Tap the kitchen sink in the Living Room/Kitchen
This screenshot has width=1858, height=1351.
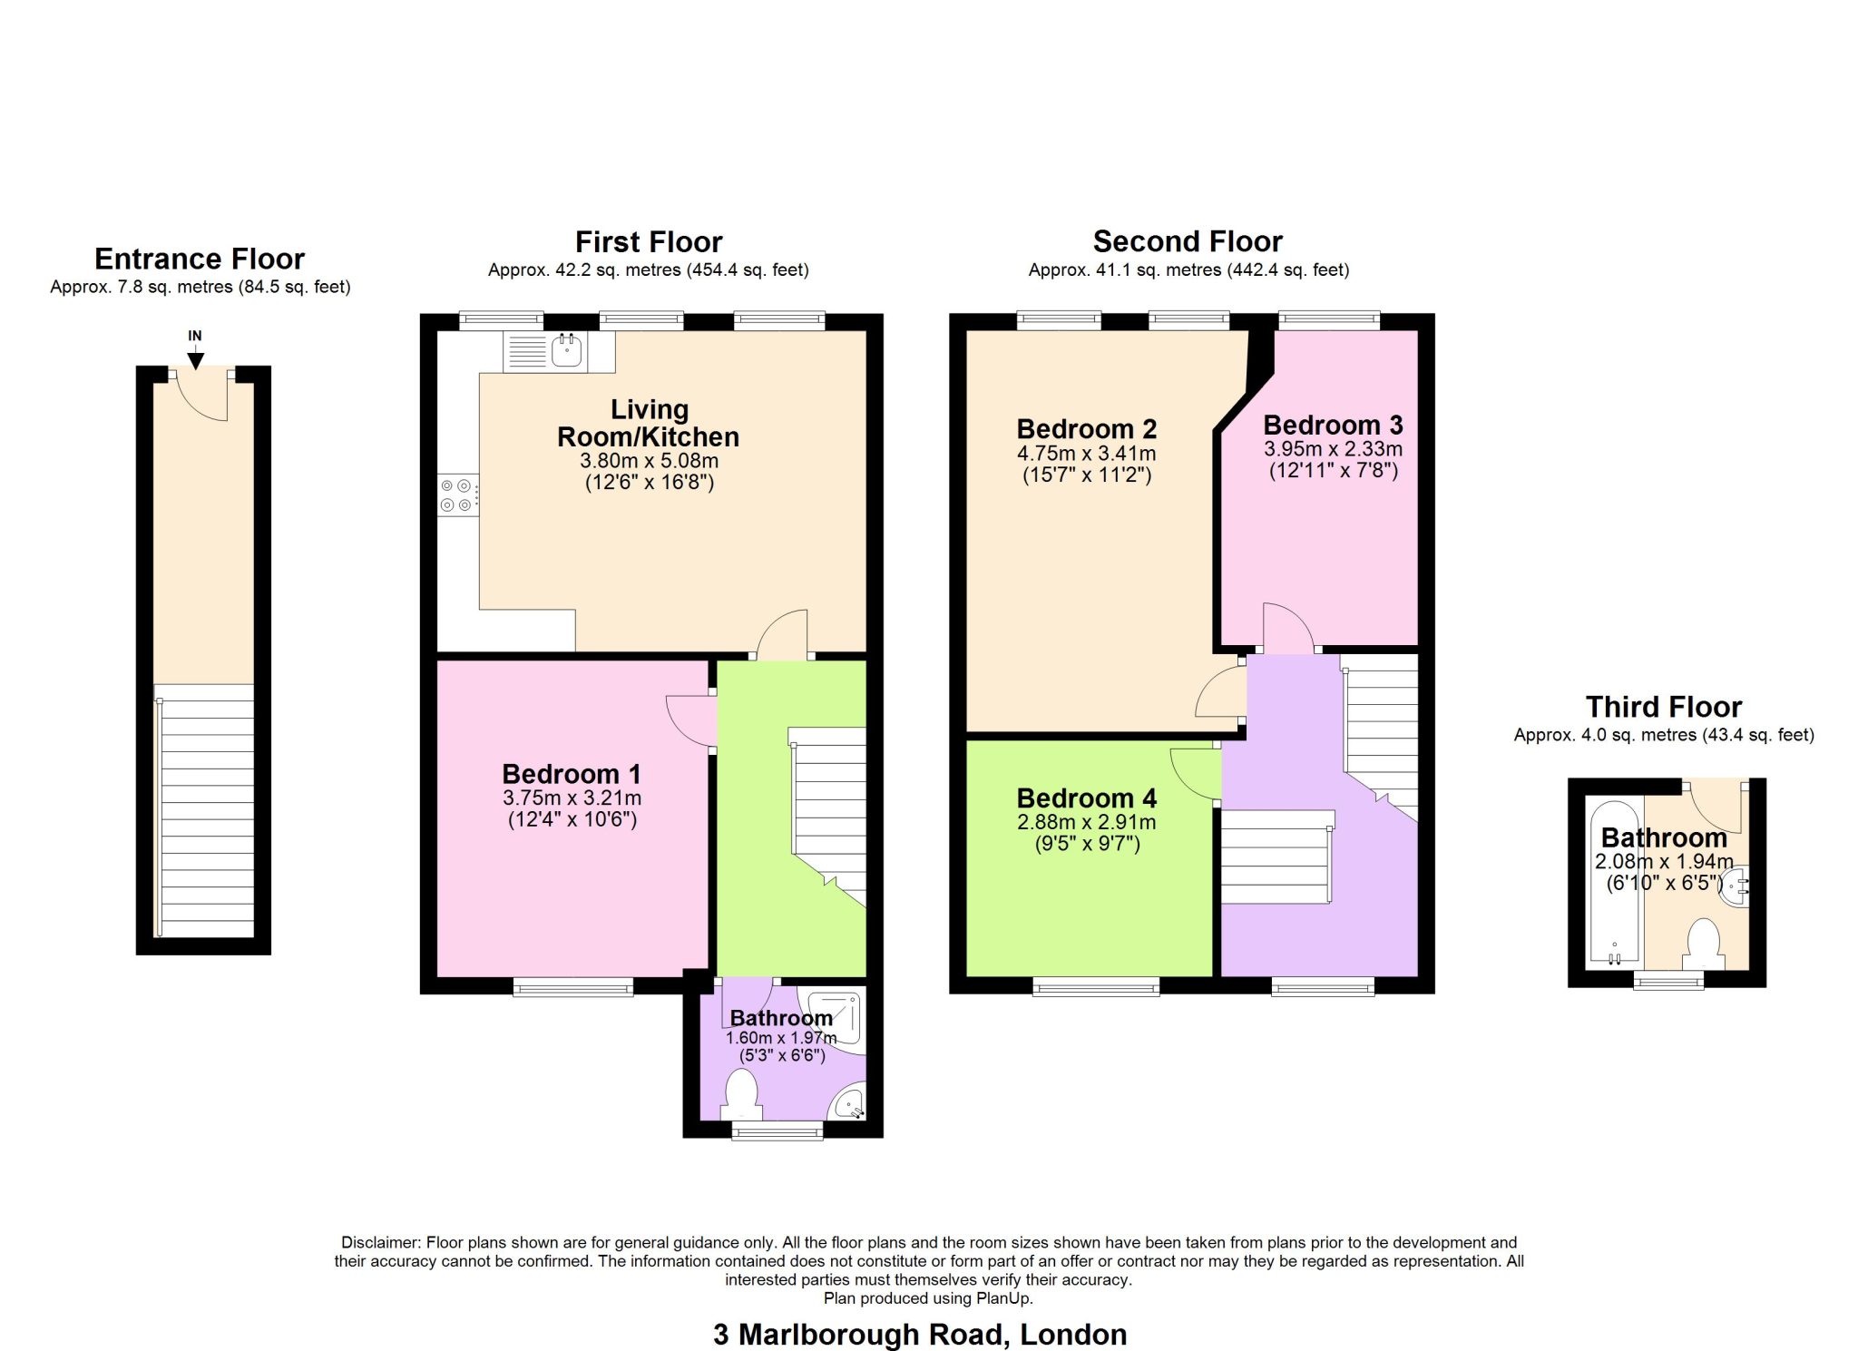[x=567, y=350]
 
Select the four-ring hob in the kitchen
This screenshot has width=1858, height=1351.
[x=456, y=495]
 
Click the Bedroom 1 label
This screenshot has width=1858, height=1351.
[x=572, y=774]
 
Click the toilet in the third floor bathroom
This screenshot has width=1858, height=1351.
[x=1703, y=944]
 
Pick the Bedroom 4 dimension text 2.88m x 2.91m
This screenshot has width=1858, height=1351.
[x=1086, y=822]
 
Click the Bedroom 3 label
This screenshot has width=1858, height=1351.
[x=1333, y=425]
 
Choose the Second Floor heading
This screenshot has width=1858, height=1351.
[x=1187, y=241]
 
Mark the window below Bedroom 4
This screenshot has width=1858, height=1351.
[x=1096, y=986]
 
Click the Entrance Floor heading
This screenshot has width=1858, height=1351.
[x=200, y=259]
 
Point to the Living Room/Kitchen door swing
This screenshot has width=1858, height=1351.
[x=783, y=633]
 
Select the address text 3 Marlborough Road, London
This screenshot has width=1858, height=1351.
[x=920, y=1334]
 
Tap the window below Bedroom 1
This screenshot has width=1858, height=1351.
[x=572, y=987]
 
